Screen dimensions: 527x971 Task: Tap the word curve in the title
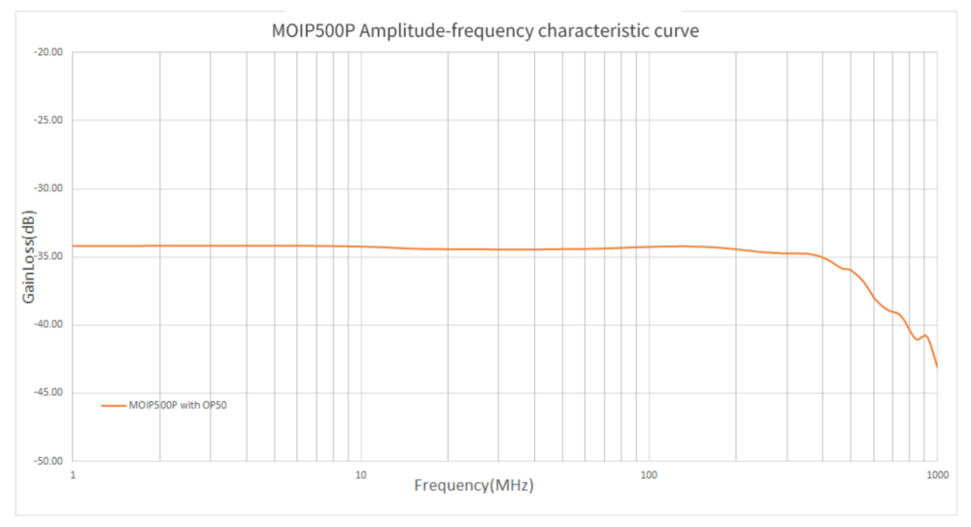click(678, 31)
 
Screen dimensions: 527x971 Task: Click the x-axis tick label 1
click(74, 476)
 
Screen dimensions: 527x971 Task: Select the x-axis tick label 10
click(361, 476)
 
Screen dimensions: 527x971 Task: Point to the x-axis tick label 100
click(649, 476)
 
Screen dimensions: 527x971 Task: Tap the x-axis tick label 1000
click(936, 476)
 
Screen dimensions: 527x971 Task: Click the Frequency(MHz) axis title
click(474, 485)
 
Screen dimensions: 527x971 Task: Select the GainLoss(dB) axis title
click(29, 256)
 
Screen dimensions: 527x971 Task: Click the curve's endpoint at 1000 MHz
click(936, 367)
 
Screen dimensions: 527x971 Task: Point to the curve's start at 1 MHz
click(74, 247)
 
